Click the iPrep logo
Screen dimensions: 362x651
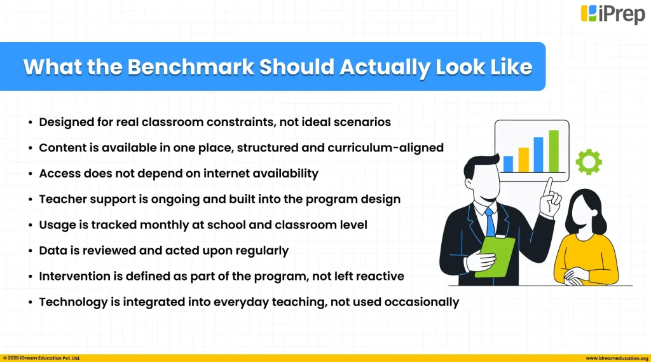612,14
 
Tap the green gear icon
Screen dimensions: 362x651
588,162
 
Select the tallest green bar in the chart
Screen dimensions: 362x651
554,151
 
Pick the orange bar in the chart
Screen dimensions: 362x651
523,160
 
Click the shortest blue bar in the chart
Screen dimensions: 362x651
508,164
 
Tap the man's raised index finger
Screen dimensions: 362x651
548,187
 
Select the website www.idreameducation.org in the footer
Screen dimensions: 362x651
617,358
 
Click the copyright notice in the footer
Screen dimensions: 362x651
42,358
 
